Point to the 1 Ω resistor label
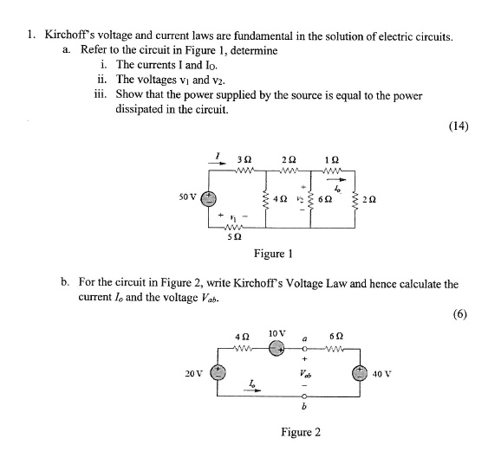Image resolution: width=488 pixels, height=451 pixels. click(330, 160)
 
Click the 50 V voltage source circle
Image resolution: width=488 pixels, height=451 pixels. click(208, 198)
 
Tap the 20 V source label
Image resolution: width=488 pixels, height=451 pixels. click(194, 374)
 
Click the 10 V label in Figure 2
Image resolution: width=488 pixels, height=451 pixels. click(277, 332)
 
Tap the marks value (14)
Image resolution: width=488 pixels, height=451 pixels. click(459, 126)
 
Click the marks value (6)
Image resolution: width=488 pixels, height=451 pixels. click(460, 313)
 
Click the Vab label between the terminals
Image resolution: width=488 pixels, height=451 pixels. click(308, 374)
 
